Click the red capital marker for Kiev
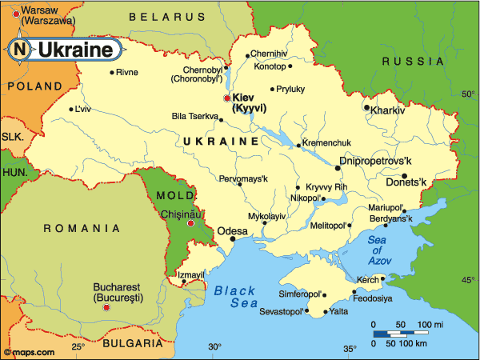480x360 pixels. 226,98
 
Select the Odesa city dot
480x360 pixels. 232,238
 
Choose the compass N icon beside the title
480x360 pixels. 18,50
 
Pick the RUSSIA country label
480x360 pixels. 413,62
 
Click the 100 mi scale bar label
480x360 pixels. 429,324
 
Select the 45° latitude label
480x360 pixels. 467,279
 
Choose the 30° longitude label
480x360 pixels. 214,347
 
